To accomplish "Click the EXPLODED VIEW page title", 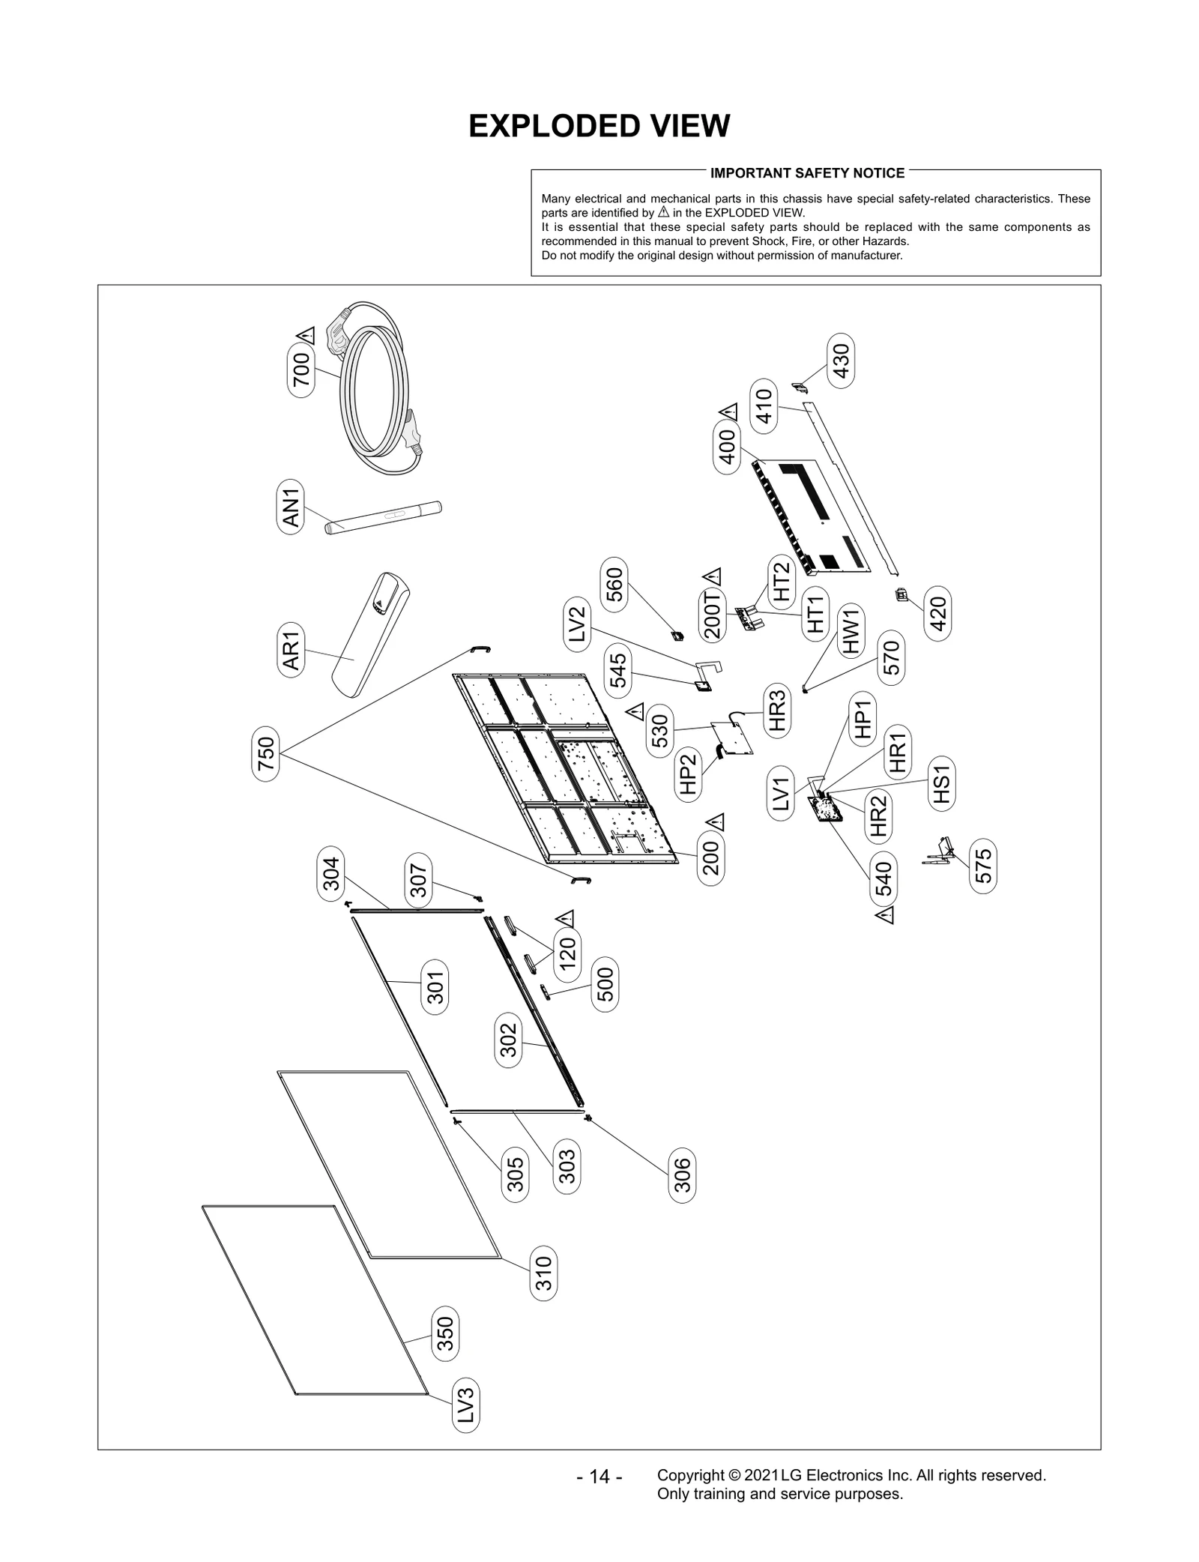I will click(x=599, y=126).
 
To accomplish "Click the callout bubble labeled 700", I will click(x=300, y=370).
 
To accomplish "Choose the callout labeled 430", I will click(x=842, y=361).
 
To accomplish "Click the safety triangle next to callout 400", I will click(x=728, y=411).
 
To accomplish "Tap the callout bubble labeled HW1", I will click(x=852, y=631).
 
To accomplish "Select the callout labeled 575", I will click(x=983, y=866).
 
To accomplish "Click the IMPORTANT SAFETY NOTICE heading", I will click(x=807, y=173).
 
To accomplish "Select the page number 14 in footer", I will click(x=599, y=1477).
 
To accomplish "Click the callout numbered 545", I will click(x=619, y=670).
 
